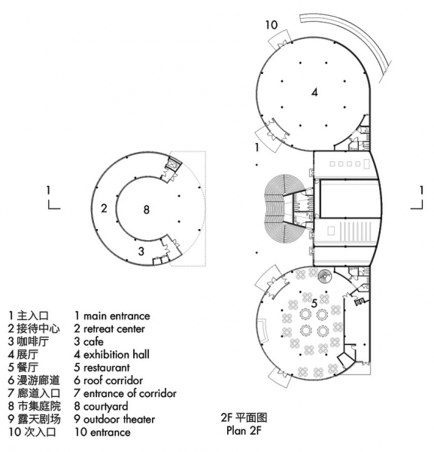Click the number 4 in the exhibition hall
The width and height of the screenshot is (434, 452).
(x=314, y=93)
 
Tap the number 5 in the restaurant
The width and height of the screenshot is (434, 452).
(x=314, y=304)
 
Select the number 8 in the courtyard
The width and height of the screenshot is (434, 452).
(x=147, y=209)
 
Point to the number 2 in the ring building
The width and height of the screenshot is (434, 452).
(x=104, y=208)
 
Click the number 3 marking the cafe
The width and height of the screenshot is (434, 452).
(x=141, y=251)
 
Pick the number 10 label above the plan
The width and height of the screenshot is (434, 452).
(x=271, y=25)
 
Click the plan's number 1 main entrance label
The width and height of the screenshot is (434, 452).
(x=256, y=148)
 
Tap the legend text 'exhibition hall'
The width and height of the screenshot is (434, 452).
(x=117, y=355)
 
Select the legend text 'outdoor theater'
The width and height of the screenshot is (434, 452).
(x=119, y=419)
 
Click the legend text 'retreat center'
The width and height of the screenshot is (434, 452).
(x=114, y=328)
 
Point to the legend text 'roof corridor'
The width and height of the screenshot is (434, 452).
(x=113, y=380)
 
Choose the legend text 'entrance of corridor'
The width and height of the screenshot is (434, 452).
(x=129, y=393)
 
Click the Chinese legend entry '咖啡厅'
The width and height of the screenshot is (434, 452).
(x=33, y=341)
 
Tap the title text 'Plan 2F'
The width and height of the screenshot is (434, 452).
(x=244, y=431)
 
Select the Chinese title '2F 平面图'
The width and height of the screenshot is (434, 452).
(x=244, y=417)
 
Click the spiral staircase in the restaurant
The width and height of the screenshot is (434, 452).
(x=325, y=276)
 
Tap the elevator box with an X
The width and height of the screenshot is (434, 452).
(x=173, y=166)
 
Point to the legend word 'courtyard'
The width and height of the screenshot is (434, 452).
(x=105, y=407)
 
